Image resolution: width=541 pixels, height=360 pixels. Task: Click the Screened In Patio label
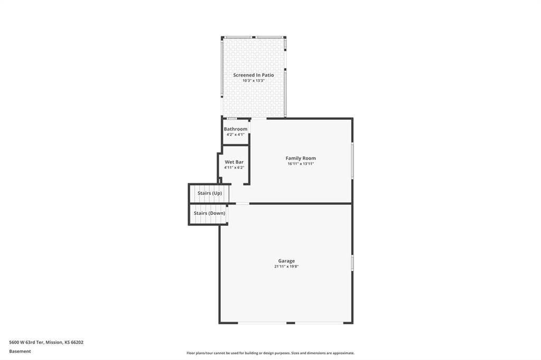click(x=254, y=75)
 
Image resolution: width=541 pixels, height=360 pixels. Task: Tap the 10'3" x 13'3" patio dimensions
click(x=254, y=81)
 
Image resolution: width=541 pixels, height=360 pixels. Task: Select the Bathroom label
click(x=236, y=129)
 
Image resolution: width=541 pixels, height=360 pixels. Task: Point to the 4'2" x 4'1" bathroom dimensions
click(x=236, y=135)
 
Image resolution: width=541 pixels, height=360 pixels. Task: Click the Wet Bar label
click(x=234, y=162)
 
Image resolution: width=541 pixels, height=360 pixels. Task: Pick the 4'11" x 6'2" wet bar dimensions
click(x=234, y=167)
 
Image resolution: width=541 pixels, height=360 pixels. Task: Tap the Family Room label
click(x=301, y=158)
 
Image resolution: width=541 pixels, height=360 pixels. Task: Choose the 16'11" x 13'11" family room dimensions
click(x=301, y=164)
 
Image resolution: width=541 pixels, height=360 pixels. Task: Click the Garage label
click(x=286, y=261)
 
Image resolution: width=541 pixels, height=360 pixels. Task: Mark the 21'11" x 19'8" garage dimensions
click(x=286, y=267)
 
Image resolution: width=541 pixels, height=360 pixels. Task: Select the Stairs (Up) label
click(x=210, y=193)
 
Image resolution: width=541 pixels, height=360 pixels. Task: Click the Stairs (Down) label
click(x=209, y=213)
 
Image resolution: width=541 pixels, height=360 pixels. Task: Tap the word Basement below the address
click(x=20, y=352)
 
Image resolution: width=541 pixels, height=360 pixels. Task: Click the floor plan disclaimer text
click(x=270, y=353)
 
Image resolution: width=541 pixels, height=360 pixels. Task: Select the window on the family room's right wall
click(x=352, y=160)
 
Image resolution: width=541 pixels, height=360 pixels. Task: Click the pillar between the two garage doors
click(x=291, y=323)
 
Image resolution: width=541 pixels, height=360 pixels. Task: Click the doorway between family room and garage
click(x=242, y=203)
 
